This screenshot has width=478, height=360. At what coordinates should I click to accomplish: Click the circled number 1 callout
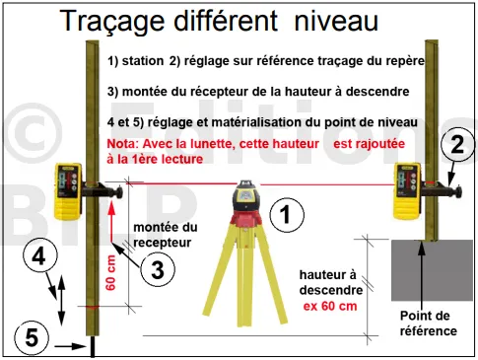pos(287,215)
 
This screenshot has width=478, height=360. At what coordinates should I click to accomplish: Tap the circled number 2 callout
pos(458,144)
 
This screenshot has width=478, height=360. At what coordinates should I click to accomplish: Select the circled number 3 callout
pos(158,269)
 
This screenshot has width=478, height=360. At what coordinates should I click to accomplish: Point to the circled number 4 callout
pos(40,255)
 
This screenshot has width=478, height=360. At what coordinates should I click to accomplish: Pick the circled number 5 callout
pos(32,338)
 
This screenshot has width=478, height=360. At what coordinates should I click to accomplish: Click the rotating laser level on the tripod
pos(246,200)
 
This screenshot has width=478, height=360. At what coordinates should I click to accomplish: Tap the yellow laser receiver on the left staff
pos(68,191)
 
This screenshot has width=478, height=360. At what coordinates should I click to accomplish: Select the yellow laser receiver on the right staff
pos(407,190)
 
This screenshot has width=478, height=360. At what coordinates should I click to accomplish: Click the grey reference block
pos(432,270)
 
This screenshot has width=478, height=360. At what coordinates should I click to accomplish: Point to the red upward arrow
pos(111,222)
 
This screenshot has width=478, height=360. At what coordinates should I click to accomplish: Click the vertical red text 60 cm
pos(111,273)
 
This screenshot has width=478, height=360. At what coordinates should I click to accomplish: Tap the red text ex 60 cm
pos(330,306)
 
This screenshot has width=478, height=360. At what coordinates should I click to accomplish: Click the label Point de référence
pos(428,324)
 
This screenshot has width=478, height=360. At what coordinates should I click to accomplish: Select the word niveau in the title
pos(336,21)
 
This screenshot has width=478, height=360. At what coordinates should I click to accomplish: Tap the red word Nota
pos(120,144)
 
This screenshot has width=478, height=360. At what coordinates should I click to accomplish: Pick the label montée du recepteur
pos(166,235)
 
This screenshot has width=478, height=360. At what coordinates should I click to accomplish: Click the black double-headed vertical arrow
pos(61,300)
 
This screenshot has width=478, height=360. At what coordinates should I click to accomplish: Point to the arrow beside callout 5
pos(70,346)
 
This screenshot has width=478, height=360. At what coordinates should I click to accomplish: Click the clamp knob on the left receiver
pos(118,192)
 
